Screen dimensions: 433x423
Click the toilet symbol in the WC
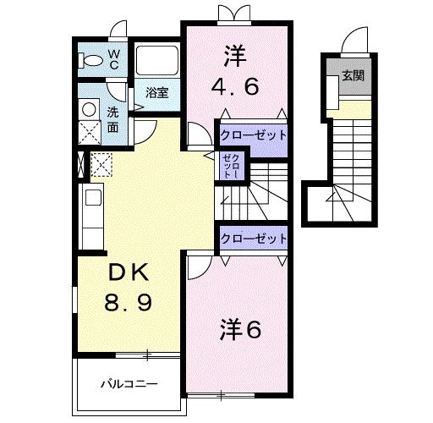point(90,61)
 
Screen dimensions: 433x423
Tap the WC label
point(113,59)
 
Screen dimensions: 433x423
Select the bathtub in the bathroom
point(157,60)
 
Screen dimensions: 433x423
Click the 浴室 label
point(157,92)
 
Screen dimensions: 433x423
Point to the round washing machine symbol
point(89,109)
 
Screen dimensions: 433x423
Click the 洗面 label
point(113,120)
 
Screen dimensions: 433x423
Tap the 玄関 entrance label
point(353,75)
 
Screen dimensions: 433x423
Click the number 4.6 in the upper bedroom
point(235,86)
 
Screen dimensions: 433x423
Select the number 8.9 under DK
point(129,302)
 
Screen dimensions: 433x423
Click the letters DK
point(129,272)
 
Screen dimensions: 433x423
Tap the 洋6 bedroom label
point(240,329)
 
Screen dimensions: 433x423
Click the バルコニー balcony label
point(129,384)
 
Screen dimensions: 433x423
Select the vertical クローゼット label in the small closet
point(231,167)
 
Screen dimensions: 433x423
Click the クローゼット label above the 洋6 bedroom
point(254,239)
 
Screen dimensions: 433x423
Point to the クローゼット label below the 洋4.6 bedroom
point(253,135)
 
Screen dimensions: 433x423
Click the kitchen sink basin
point(93,197)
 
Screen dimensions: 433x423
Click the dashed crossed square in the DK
point(101,164)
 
